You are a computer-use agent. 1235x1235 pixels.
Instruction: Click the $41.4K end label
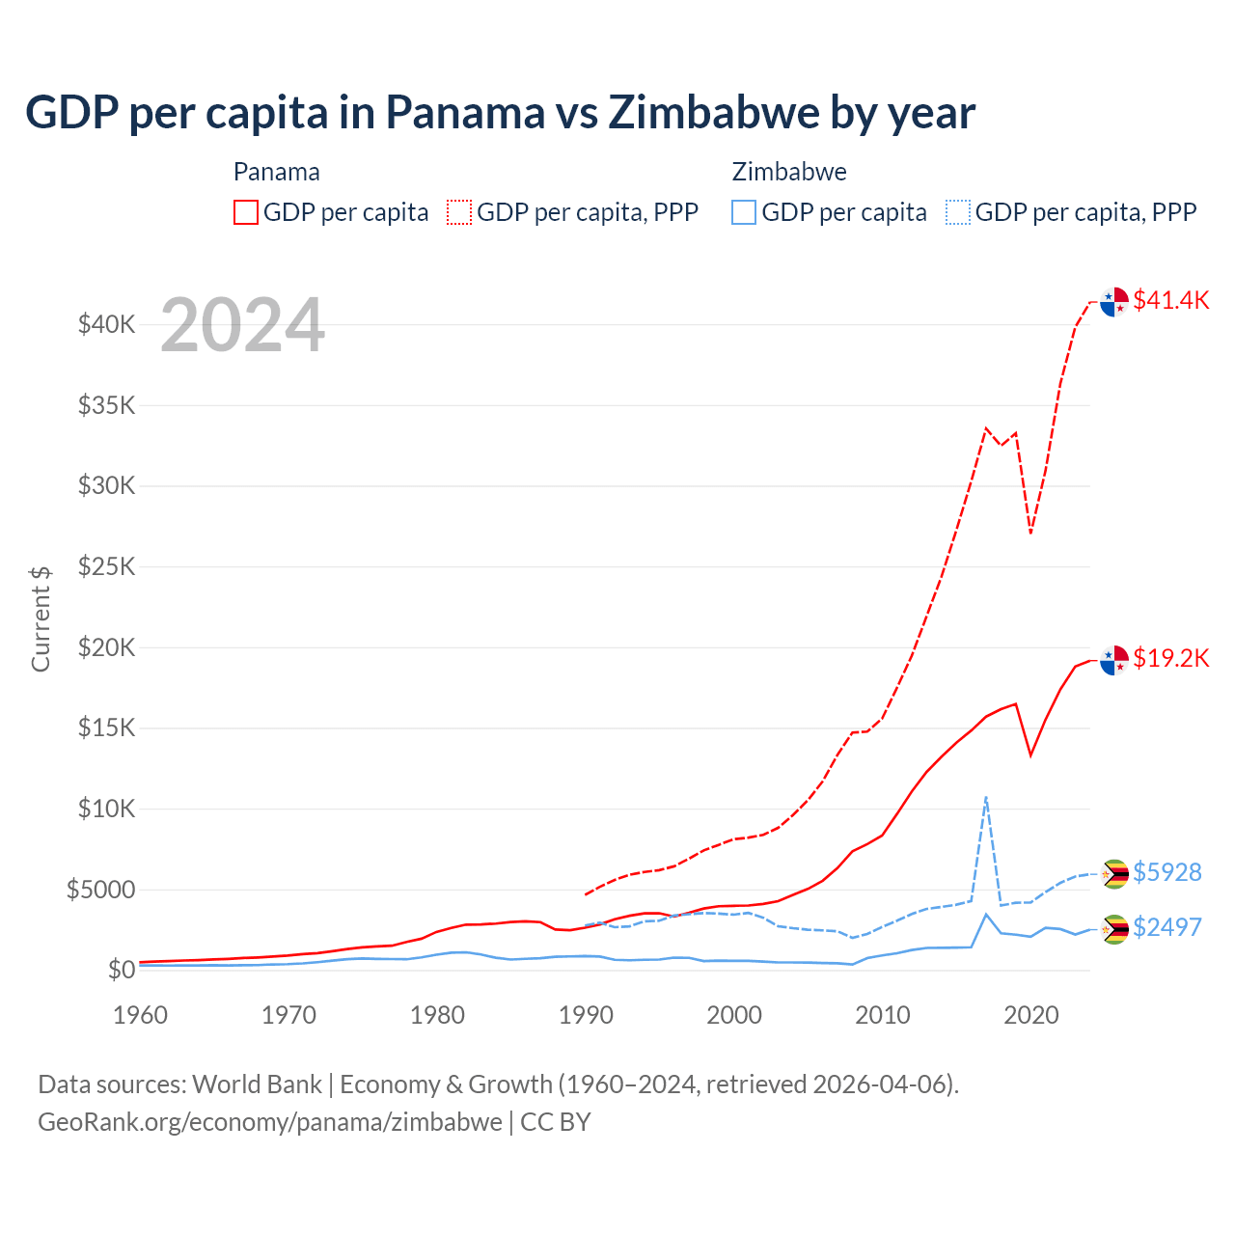click(1170, 300)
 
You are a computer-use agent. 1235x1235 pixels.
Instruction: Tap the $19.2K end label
click(1170, 658)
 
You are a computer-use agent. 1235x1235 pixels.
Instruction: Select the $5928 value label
click(1166, 872)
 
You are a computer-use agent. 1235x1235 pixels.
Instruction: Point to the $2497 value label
click(1166, 927)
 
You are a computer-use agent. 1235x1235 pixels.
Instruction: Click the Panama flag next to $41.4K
click(1114, 302)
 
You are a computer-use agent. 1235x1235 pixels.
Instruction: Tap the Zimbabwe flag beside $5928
click(1115, 874)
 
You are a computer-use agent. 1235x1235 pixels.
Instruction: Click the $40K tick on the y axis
click(106, 324)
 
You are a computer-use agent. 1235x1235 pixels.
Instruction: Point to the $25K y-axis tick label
click(106, 566)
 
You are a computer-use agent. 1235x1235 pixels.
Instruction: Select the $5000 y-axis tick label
click(100, 890)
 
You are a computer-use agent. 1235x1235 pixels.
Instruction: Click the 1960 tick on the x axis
click(140, 1015)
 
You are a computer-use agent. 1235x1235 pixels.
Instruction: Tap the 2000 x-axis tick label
click(734, 1015)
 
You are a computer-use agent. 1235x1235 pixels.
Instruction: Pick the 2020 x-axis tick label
click(1031, 1015)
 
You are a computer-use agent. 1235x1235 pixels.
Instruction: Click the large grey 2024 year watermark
click(242, 326)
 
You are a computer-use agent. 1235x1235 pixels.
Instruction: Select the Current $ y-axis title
click(41, 619)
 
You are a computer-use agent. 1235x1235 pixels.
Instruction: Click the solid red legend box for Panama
click(246, 212)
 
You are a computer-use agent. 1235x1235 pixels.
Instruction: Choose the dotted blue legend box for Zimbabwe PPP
click(958, 212)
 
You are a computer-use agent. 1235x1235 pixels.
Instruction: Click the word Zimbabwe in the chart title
click(713, 113)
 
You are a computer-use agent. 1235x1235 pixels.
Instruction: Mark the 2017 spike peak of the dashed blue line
click(985, 797)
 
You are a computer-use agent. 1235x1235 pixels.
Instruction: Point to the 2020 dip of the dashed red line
click(1030, 533)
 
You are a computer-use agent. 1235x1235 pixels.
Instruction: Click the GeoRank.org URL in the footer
click(270, 1122)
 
